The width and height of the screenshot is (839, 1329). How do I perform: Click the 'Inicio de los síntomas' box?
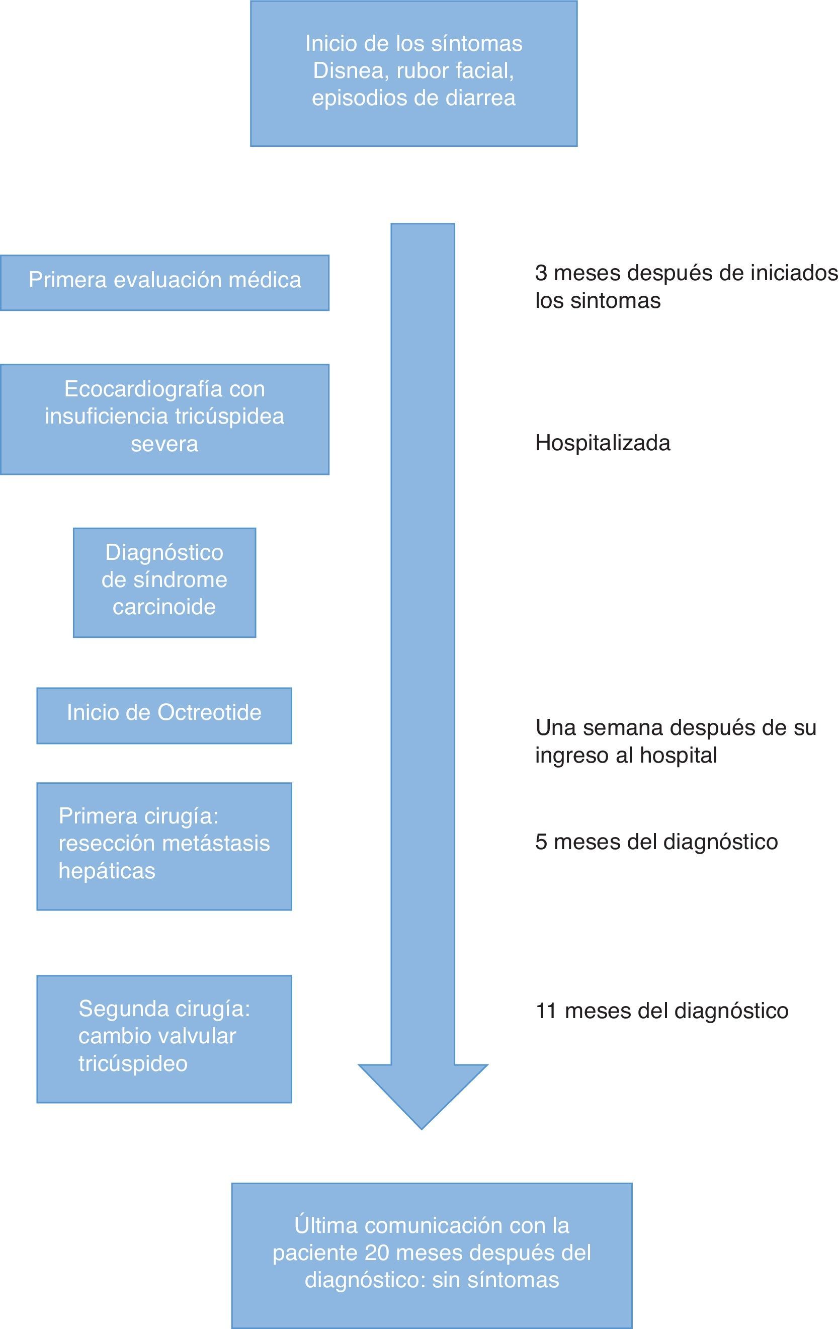click(x=413, y=73)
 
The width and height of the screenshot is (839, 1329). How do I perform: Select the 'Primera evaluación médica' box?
click(x=164, y=282)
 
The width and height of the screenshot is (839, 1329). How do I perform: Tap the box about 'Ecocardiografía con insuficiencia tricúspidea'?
click(x=164, y=419)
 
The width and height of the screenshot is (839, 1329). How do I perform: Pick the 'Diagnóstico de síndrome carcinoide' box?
click(x=164, y=583)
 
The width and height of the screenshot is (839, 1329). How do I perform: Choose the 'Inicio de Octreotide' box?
click(x=164, y=715)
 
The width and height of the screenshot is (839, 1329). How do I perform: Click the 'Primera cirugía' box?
click(x=164, y=846)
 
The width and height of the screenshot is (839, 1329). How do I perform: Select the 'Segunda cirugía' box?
click(x=164, y=1039)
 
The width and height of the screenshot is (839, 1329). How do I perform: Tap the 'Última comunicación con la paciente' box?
click(x=431, y=1255)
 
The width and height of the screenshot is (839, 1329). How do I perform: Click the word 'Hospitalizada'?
click(x=603, y=443)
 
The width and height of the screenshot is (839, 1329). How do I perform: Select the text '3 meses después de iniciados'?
click(x=686, y=273)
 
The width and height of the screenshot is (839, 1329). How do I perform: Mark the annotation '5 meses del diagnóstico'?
click(x=656, y=842)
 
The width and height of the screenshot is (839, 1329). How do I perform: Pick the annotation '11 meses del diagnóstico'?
click(x=662, y=1011)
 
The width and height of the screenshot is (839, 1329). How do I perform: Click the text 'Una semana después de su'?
click(x=676, y=728)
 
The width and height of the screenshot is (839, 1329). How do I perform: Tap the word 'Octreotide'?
click(x=209, y=712)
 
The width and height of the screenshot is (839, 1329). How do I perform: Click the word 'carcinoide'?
click(x=164, y=607)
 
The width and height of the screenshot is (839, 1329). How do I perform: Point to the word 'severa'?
click(x=164, y=444)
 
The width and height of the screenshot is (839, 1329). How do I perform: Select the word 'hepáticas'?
click(x=107, y=871)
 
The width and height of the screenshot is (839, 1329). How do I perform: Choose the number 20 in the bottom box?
click(x=377, y=1253)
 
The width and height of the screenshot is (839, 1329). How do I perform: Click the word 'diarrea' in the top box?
click(x=480, y=98)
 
